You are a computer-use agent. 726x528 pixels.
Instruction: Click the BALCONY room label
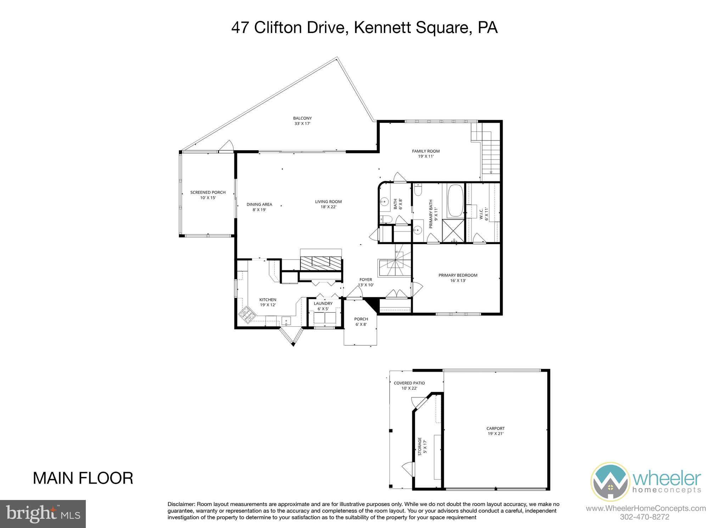point(302,118)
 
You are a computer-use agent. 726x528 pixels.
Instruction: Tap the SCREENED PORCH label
point(208,193)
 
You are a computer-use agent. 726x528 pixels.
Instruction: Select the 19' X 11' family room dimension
point(426,156)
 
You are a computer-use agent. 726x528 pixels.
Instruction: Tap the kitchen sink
point(286,321)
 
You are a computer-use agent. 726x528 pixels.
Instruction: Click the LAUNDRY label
point(323,304)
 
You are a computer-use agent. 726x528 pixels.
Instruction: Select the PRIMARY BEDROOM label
point(458,275)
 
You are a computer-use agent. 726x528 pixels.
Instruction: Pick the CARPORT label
point(495,428)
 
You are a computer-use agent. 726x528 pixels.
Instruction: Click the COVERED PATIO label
point(409,383)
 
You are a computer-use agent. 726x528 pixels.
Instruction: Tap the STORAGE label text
point(420,446)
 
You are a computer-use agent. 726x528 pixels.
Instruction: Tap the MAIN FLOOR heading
point(83,478)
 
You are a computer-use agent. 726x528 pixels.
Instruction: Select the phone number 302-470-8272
point(644,517)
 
